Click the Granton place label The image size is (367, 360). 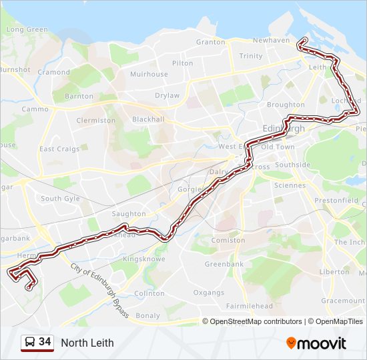210,42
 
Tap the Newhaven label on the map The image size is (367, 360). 271,40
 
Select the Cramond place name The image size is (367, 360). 54,72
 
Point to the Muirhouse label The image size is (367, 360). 149,75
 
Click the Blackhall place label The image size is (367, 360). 148,119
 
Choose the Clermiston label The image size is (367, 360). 96,121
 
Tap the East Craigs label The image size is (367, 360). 59,149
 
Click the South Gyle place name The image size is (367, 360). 60,199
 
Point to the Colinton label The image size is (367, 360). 149,293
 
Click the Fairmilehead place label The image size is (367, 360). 250,306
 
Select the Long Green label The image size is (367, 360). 27,29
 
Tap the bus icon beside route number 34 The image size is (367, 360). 29,343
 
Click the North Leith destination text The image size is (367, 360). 87,343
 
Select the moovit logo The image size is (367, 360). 316,343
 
